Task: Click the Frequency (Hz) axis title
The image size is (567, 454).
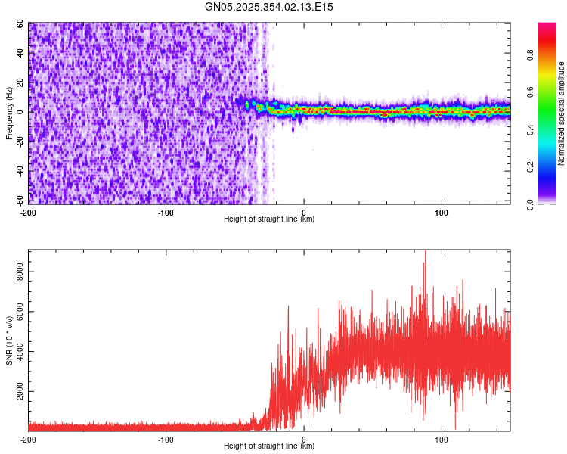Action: tap(9, 113)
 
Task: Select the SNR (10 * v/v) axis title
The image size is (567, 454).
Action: tap(9, 340)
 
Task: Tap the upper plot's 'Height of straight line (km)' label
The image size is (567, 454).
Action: tap(269, 219)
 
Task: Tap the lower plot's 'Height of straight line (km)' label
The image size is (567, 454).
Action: tap(269, 446)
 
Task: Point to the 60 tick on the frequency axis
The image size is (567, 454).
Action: tap(20, 24)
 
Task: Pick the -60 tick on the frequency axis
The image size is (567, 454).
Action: tap(19, 201)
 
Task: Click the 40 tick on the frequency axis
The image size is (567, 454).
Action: tap(20, 54)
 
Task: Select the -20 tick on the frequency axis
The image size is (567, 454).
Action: tap(19, 141)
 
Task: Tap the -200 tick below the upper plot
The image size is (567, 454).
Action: tap(29, 212)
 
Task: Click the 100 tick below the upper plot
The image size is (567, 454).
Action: tap(442, 212)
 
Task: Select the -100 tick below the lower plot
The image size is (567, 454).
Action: tap(166, 439)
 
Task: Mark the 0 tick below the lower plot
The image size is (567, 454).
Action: tap(304, 439)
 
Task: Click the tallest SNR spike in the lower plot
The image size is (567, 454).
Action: tap(425, 252)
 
